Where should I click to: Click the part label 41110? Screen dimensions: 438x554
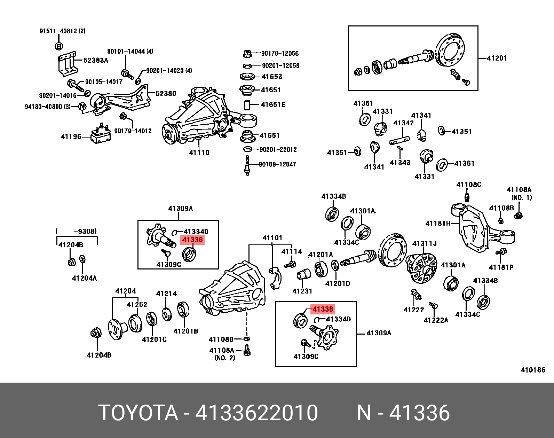click(199, 152)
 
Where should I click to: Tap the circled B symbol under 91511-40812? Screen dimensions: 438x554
click(59, 46)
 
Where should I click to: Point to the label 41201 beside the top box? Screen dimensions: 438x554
click(497, 58)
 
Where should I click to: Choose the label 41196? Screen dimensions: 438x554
click(71, 136)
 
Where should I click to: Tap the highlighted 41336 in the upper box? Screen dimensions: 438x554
click(192, 240)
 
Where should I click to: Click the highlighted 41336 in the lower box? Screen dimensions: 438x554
click(323, 309)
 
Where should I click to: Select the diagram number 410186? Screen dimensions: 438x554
click(532, 370)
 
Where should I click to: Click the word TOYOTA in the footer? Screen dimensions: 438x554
click(139, 413)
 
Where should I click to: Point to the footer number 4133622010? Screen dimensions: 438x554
click(256, 413)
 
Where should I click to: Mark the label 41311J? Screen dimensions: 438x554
click(424, 243)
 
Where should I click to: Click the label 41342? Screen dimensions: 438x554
click(403, 123)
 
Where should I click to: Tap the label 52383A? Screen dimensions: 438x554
click(96, 60)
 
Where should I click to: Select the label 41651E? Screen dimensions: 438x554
click(273, 104)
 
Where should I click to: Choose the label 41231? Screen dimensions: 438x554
click(302, 291)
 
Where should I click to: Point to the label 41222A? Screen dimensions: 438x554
click(436, 320)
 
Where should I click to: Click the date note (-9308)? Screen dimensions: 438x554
click(76, 231)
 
